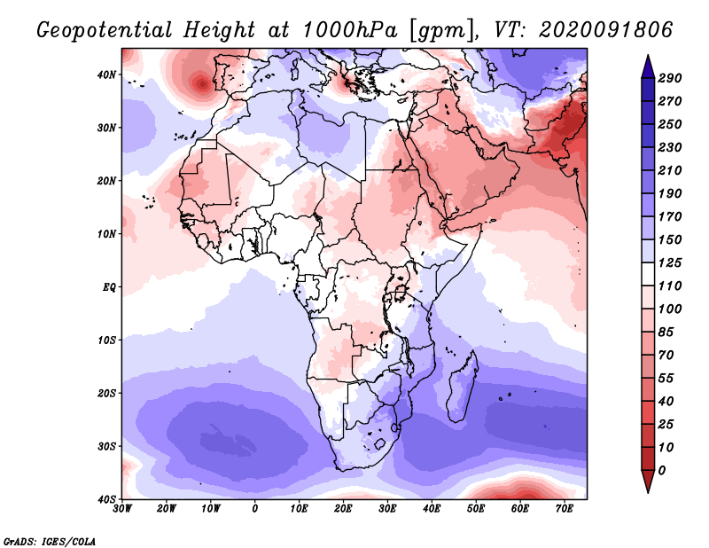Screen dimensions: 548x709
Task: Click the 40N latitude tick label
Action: [x=106, y=74]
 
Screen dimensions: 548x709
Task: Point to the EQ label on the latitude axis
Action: [x=108, y=287]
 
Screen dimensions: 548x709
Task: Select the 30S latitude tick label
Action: [x=106, y=446]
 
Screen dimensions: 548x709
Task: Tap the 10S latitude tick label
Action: [x=106, y=340]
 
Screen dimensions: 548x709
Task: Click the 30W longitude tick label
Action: [x=123, y=509]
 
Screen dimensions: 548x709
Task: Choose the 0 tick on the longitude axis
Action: [x=255, y=509]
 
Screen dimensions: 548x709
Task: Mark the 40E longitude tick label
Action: [x=432, y=509]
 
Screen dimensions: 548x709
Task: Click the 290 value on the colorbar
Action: [x=669, y=78]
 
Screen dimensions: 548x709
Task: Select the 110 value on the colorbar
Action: [x=669, y=287]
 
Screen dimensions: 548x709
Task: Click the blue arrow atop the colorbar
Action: [x=648, y=65]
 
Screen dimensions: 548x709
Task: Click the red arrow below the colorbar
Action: [x=648, y=481]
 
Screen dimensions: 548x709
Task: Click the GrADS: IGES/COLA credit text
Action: [x=50, y=541]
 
